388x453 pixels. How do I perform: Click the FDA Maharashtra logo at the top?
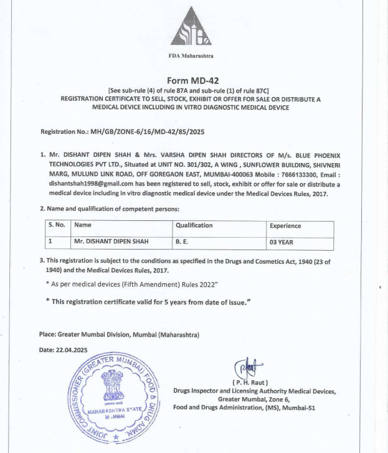click(191, 30)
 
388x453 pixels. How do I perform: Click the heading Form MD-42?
click(191, 80)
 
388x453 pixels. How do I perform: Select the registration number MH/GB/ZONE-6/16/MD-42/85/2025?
click(148, 132)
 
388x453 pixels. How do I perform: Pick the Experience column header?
click(285, 226)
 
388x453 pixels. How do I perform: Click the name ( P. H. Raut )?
click(250, 381)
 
